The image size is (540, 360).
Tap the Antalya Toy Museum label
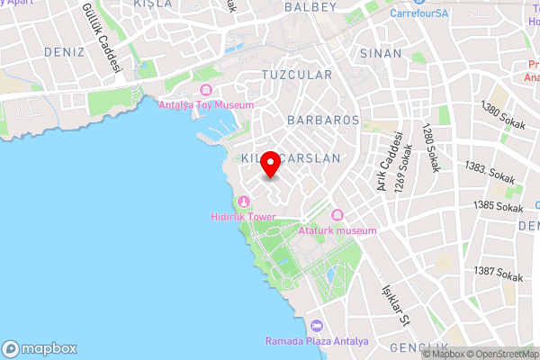tap(206, 104)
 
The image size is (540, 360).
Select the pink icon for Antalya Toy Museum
tap(206, 90)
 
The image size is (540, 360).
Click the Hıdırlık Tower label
tap(242, 217)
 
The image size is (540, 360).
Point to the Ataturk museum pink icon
tap(337, 215)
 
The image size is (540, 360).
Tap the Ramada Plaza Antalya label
tap(317, 341)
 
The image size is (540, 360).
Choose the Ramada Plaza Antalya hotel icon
tap(316, 326)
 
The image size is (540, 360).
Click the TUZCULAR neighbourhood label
tap(296, 75)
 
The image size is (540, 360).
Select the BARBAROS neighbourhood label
tap(323, 120)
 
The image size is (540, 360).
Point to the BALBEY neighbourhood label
tap(310, 7)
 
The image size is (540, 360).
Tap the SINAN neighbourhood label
tap(381, 54)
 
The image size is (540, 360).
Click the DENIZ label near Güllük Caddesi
tap(63, 52)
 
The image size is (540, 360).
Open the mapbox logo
tap(40, 348)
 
